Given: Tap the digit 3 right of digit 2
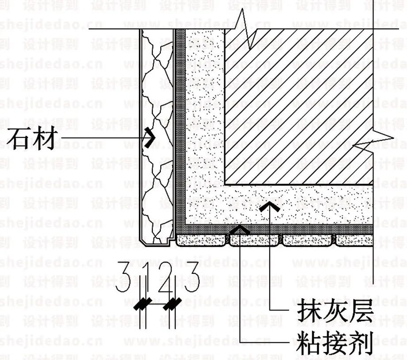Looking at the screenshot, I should point(192,278).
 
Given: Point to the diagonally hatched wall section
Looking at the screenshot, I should point(300,106).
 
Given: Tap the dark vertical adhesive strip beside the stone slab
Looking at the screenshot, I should point(179,133).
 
